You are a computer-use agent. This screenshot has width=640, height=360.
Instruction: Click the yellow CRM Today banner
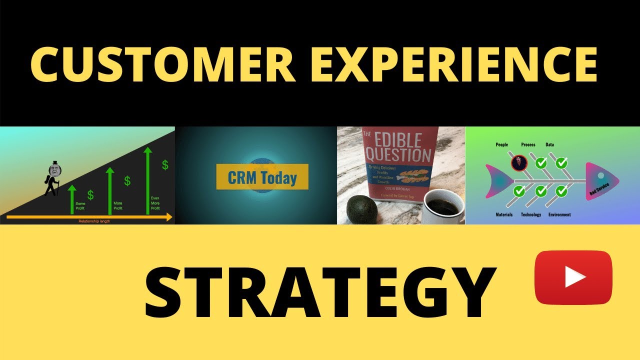pos(262,177)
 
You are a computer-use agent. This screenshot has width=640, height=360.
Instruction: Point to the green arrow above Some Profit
pos(71,195)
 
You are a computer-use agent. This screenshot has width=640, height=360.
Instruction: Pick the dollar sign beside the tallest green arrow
pos(164,165)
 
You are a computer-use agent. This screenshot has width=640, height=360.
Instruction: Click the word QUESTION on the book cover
pos(400,154)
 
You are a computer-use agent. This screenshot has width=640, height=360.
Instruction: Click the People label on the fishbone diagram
pos(501,145)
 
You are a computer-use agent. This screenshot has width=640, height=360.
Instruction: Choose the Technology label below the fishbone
pos(531,215)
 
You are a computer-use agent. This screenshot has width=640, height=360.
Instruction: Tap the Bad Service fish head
pos(601,181)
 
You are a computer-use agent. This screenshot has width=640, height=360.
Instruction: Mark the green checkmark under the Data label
pos(561,163)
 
